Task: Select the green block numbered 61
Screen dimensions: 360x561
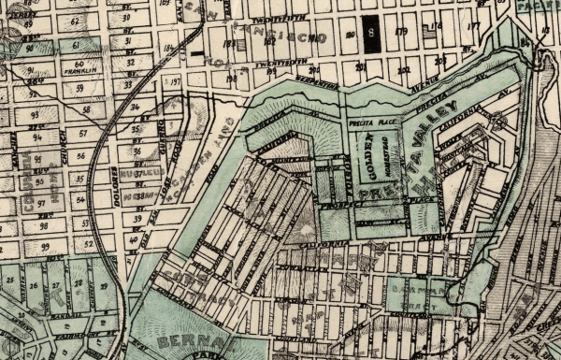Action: coord(74,46)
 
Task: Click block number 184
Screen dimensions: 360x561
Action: coord(169,48)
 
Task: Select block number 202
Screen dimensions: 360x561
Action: coord(404,69)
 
